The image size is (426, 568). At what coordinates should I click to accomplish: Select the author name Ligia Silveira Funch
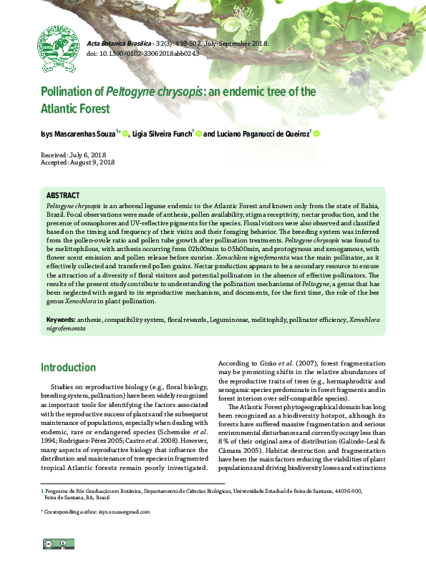click(163, 134)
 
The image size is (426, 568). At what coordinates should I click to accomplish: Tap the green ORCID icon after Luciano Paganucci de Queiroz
click(316, 133)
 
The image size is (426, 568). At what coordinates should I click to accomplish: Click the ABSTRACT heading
click(63, 195)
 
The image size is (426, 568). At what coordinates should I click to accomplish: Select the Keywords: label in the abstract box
click(62, 319)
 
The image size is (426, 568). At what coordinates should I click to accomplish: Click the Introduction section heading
click(68, 368)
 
